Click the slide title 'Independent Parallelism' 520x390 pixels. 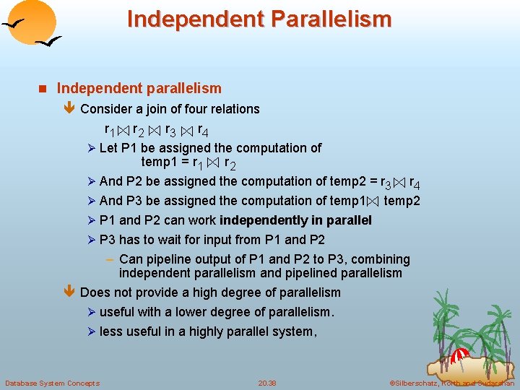259,18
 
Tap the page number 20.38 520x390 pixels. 267,383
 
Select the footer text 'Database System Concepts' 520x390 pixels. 52,383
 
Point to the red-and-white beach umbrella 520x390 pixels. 460,355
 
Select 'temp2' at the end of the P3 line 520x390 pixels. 402,201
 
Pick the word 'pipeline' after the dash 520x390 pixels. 169,259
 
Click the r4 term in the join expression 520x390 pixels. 203,131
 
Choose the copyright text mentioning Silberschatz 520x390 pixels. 451,383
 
